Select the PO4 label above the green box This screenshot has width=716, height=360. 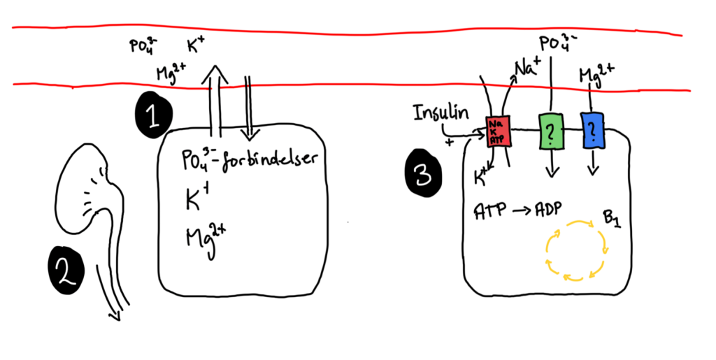(x=557, y=41)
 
